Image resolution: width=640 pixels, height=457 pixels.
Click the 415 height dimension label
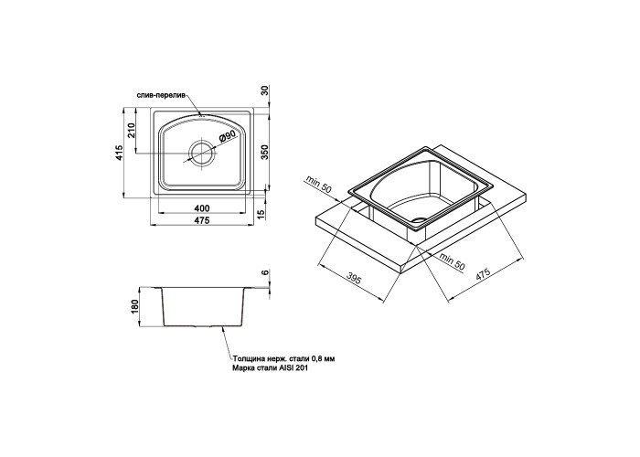pyautogui.click(x=119, y=153)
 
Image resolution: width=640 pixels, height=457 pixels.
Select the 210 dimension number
pyautogui.click(x=132, y=131)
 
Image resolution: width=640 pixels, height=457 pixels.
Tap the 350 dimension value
pyautogui.click(x=264, y=152)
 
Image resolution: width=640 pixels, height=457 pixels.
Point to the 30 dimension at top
pyautogui.click(x=264, y=91)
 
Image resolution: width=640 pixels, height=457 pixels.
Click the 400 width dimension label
pyautogui.click(x=202, y=209)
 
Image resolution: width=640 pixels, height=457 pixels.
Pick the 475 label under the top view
pyautogui.click(x=202, y=221)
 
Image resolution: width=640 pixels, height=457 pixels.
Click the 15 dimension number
pyautogui.click(x=262, y=212)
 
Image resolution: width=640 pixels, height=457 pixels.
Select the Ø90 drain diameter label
pyautogui.click(x=228, y=137)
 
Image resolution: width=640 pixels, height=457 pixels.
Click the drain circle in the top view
pyautogui.click(x=201, y=153)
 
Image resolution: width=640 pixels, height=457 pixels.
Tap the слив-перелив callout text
pyautogui.click(x=161, y=95)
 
